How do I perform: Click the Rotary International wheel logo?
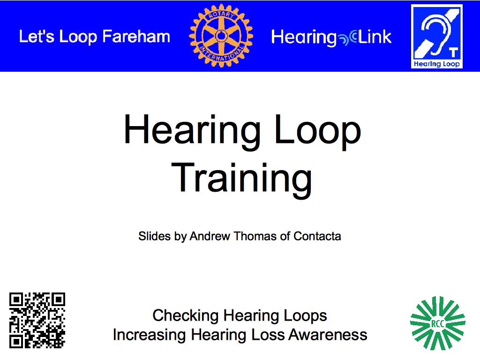(x=221, y=36)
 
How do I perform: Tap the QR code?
(x=37, y=320)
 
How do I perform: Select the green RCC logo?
(x=438, y=323)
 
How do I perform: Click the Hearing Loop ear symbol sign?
(x=436, y=37)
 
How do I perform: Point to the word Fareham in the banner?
(x=136, y=37)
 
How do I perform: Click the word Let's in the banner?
(x=37, y=37)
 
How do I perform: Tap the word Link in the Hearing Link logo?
(x=375, y=37)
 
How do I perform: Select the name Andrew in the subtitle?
(x=210, y=236)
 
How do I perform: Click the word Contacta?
(x=317, y=236)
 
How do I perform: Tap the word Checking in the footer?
(x=186, y=315)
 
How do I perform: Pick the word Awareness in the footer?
(x=328, y=335)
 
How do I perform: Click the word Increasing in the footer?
(x=150, y=335)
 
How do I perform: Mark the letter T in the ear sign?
(x=453, y=52)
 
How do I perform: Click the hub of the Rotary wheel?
(x=221, y=36)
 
